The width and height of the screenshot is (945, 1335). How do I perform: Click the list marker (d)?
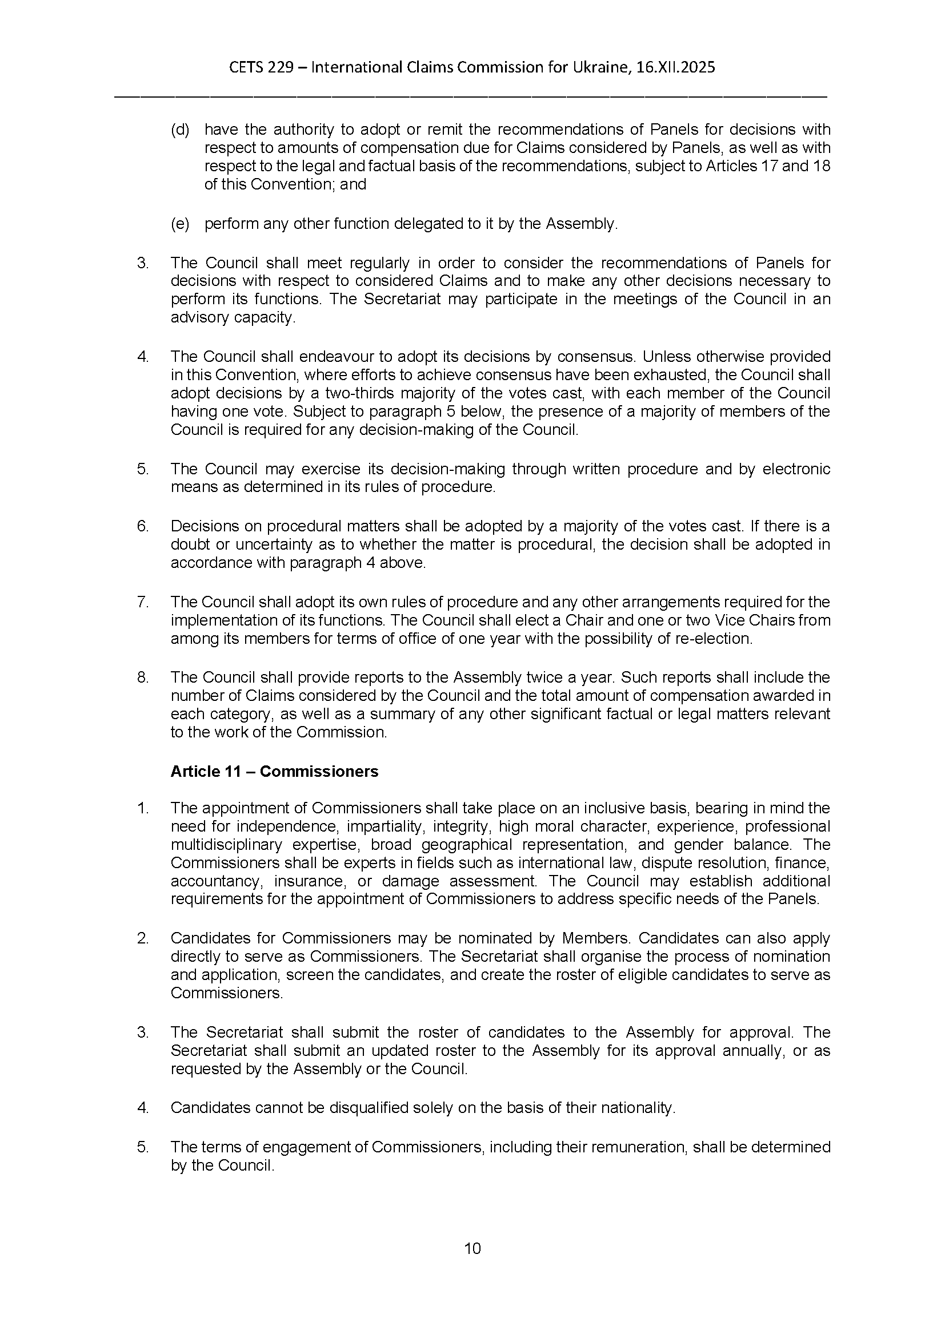[180, 129]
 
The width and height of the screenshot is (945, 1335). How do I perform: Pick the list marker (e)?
[180, 224]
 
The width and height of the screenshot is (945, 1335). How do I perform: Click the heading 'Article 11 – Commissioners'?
[274, 772]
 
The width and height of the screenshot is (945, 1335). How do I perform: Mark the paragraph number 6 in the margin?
[143, 526]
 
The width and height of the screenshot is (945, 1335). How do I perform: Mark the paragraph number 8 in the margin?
[143, 677]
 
